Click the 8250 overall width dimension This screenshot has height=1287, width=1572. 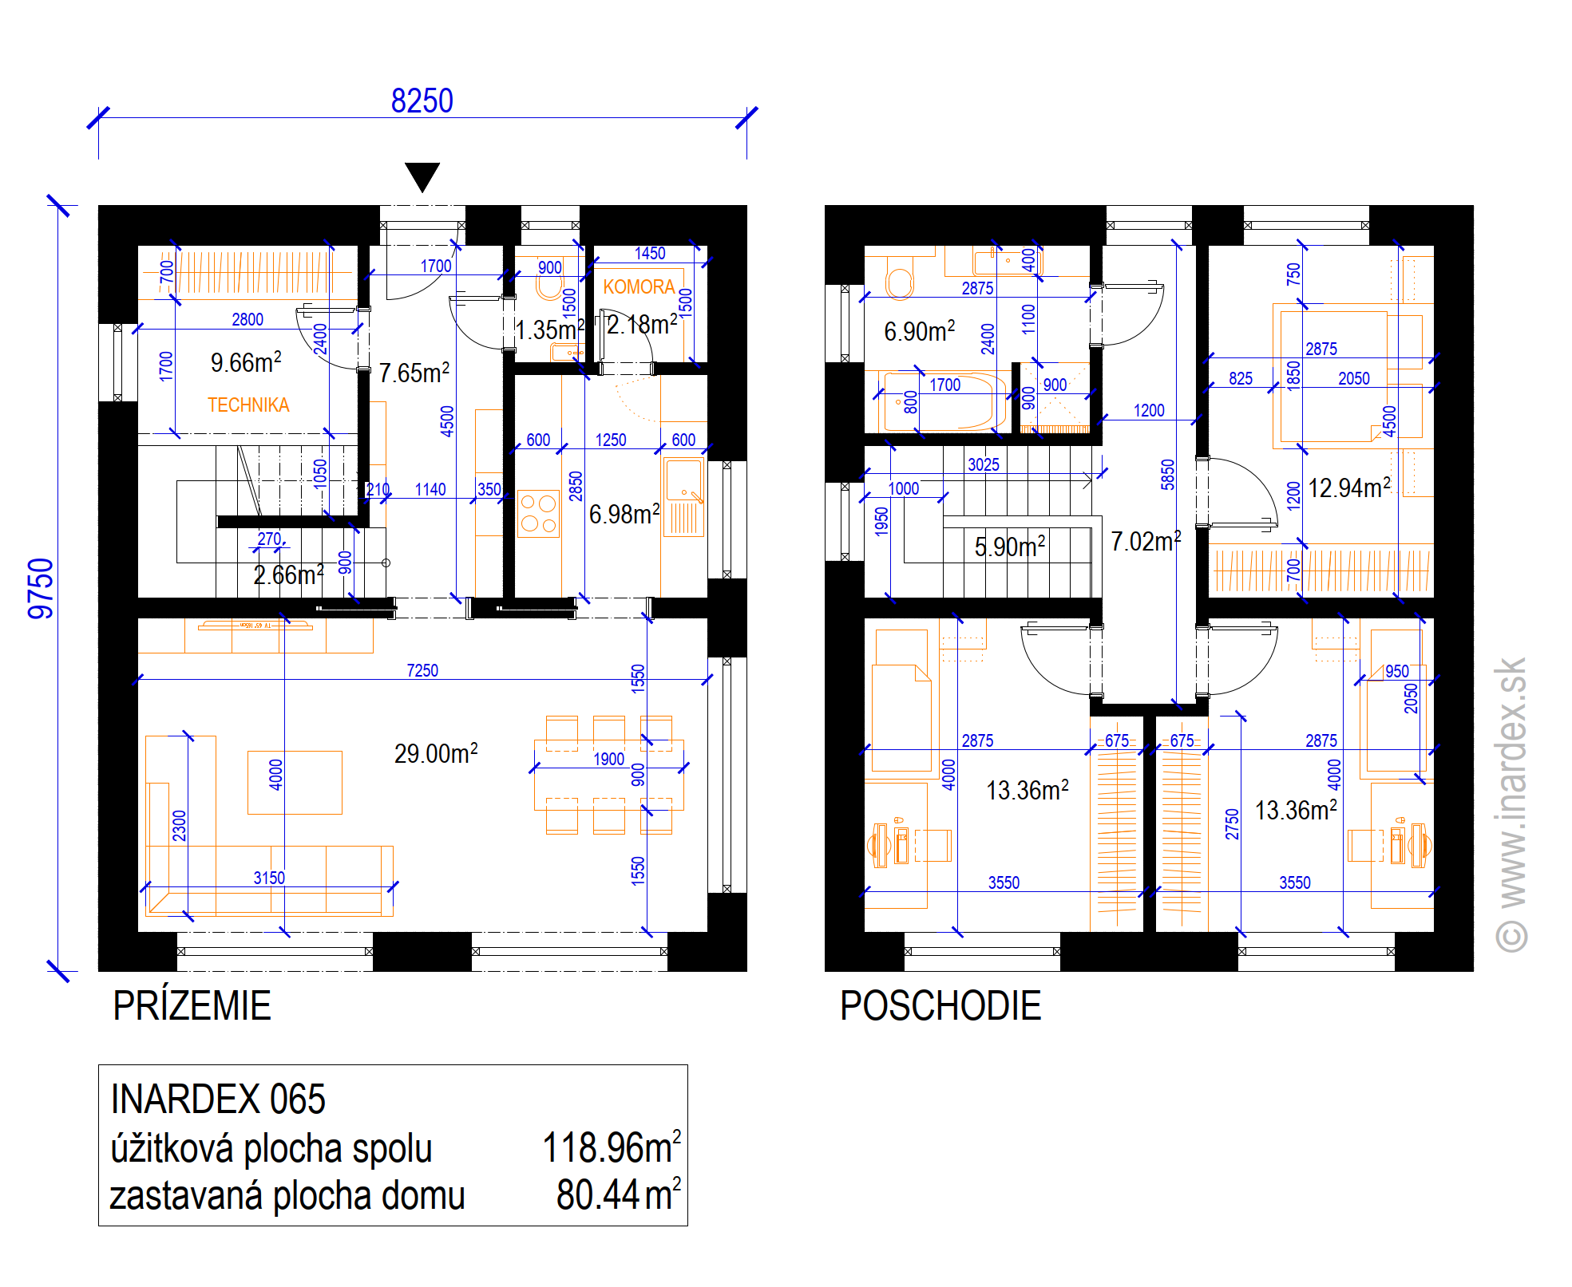coord(422,101)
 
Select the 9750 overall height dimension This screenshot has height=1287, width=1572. coord(41,589)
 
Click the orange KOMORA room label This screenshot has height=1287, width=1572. coord(639,286)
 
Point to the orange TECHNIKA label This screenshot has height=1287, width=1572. coord(248,405)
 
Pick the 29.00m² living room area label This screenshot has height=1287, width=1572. coord(436,752)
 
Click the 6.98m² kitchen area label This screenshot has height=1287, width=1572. coord(624,514)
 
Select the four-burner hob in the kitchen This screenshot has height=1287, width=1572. coord(538,514)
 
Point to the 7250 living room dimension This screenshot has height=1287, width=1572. coord(422,670)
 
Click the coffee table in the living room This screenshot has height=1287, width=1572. coord(295,783)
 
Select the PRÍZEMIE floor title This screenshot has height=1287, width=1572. coord(192,1005)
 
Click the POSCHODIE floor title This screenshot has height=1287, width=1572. coord(940,1005)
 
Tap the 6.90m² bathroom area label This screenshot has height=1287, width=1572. coord(920,330)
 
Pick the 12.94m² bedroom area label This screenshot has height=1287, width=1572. coord(1349,487)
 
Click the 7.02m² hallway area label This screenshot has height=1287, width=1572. coord(1146,541)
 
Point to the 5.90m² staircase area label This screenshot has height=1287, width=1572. coord(1010,546)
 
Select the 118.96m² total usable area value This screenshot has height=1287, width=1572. coord(612,1147)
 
